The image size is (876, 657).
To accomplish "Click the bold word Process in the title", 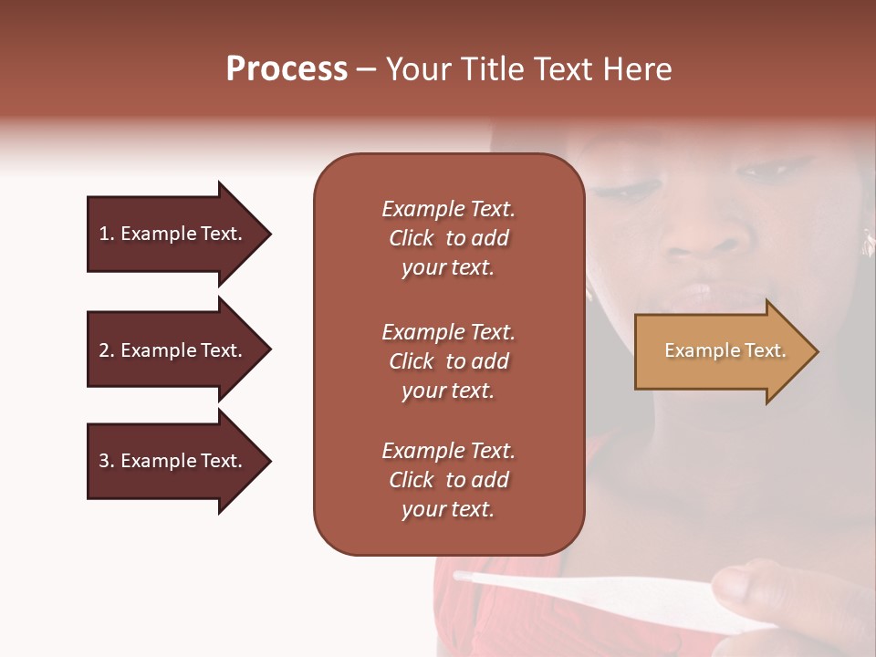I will (x=287, y=69).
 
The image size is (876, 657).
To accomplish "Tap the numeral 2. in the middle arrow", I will (x=106, y=350).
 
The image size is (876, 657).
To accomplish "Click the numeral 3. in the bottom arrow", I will (x=106, y=461).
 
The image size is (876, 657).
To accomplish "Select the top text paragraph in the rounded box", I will (x=448, y=238).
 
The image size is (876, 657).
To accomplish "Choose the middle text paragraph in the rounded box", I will (x=448, y=361).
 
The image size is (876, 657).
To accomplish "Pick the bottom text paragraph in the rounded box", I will (x=448, y=480).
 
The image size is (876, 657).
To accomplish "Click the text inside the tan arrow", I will (x=725, y=350).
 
